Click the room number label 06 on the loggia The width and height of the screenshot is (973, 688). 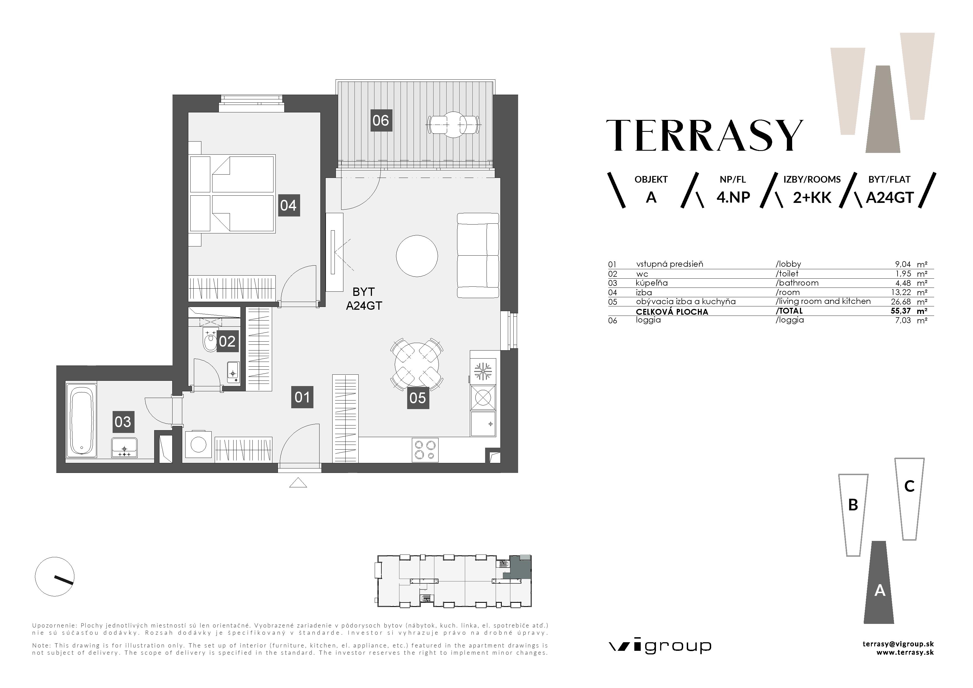point(381,120)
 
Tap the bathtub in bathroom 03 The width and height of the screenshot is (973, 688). point(81,420)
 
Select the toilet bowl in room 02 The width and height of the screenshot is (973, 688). point(209,342)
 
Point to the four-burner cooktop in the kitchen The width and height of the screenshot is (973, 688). point(425,450)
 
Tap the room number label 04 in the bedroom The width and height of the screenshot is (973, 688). point(288,206)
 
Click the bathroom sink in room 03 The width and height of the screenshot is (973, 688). point(124,448)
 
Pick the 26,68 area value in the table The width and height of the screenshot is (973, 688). point(903,301)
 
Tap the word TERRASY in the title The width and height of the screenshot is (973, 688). point(704,136)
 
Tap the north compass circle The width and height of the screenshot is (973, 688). point(55,576)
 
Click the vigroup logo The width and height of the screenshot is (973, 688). point(660,646)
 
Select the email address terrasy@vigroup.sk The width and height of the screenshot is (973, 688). point(898,644)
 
